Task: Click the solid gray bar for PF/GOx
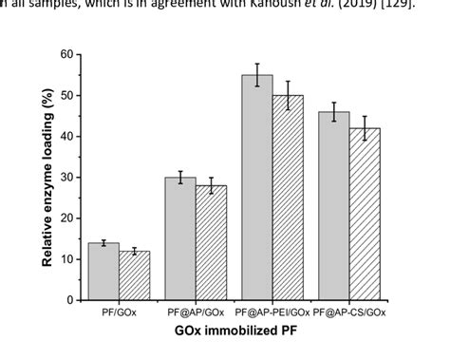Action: click(x=103, y=272)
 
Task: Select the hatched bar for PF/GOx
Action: click(x=134, y=275)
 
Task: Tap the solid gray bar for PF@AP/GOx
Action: click(x=180, y=238)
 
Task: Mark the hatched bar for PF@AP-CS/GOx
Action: click(x=364, y=214)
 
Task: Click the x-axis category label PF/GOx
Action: click(x=119, y=313)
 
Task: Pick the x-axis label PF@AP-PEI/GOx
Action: click(x=272, y=313)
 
